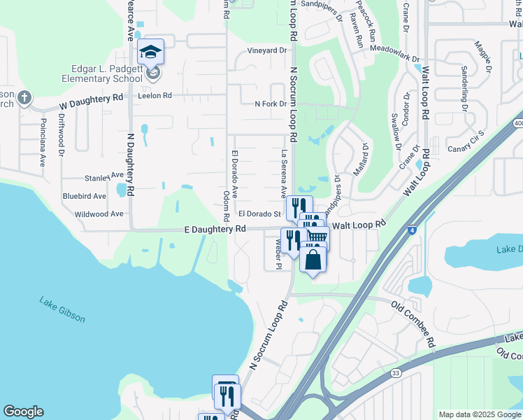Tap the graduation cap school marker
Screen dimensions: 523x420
click(150, 51)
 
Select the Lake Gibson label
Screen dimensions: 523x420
click(62, 310)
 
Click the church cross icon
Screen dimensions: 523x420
click(24, 97)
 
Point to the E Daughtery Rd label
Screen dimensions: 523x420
click(215, 229)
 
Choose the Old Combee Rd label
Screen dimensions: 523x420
click(413, 324)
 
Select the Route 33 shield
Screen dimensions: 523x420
click(396, 374)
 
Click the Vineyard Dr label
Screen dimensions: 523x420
click(267, 51)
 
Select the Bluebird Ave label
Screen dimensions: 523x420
click(84, 196)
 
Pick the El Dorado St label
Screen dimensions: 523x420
click(259, 213)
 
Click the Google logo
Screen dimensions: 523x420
click(23, 412)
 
